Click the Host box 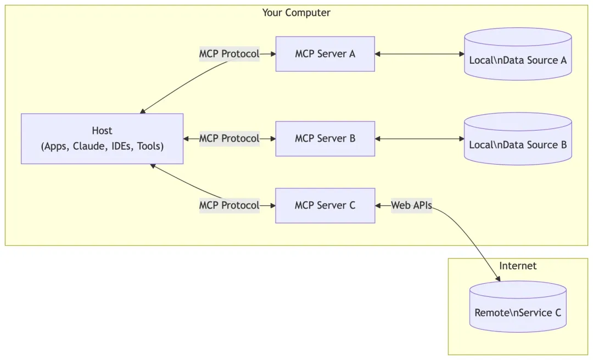[x=102, y=138]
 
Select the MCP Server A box [x=325, y=54]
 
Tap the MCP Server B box [x=325, y=138]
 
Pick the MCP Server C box [x=325, y=205]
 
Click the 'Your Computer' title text [x=296, y=13]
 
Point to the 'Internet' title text [x=518, y=266]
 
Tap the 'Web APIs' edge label [x=411, y=206]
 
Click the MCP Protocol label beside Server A [x=229, y=54]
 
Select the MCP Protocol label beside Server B [x=229, y=138]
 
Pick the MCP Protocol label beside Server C [x=229, y=205]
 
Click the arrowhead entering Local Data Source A [x=461, y=54]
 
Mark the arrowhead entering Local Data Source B [x=461, y=138]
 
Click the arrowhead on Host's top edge [x=143, y=111]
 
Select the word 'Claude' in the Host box [x=88, y=147]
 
